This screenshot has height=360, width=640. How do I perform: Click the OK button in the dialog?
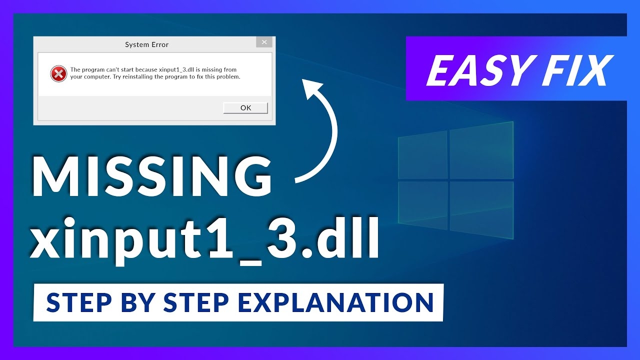(245, 108)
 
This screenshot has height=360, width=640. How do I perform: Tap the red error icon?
(58, 74)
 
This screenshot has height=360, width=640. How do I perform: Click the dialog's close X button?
(264, 42)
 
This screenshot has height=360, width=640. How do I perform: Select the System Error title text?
(146, 44)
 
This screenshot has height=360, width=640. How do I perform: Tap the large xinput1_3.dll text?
(204, 242)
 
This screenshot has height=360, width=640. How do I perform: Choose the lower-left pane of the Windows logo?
(422, 205)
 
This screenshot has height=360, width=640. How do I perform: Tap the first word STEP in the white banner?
(77, 302)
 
